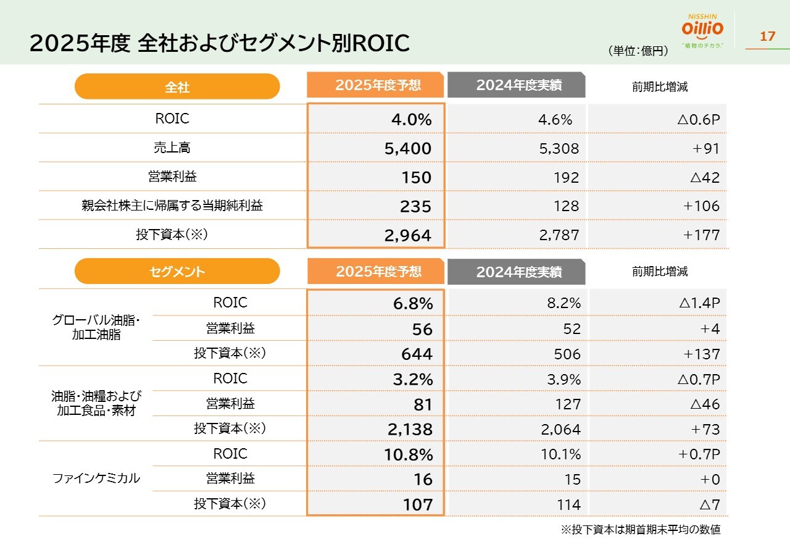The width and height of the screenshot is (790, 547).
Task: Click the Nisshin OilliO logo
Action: (702, 30)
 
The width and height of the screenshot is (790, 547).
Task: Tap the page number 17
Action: (767, 36)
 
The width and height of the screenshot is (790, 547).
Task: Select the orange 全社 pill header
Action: (177, 87)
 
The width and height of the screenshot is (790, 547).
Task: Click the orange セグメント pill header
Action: (177, 272)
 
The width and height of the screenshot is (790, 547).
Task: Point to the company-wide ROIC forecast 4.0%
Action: (412, 120)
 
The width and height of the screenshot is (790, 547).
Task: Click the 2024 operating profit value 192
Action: (567, 178)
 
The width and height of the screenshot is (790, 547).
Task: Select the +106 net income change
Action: (701, 206)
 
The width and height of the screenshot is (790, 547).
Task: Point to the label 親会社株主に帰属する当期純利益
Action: (172, 206)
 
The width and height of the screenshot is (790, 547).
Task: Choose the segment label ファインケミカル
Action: (96, 478)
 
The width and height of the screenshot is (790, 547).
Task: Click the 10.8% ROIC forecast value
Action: (409, 454)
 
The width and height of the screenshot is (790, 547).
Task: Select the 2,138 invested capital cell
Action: (410, 430)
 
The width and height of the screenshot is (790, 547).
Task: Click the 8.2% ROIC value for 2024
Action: (564, 303)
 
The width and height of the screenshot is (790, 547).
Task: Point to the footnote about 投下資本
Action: (640, 530)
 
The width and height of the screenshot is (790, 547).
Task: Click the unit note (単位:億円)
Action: (638, 51)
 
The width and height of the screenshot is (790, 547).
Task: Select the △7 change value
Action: (709, 504)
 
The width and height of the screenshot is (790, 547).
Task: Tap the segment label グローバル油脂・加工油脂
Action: (96, 328)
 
